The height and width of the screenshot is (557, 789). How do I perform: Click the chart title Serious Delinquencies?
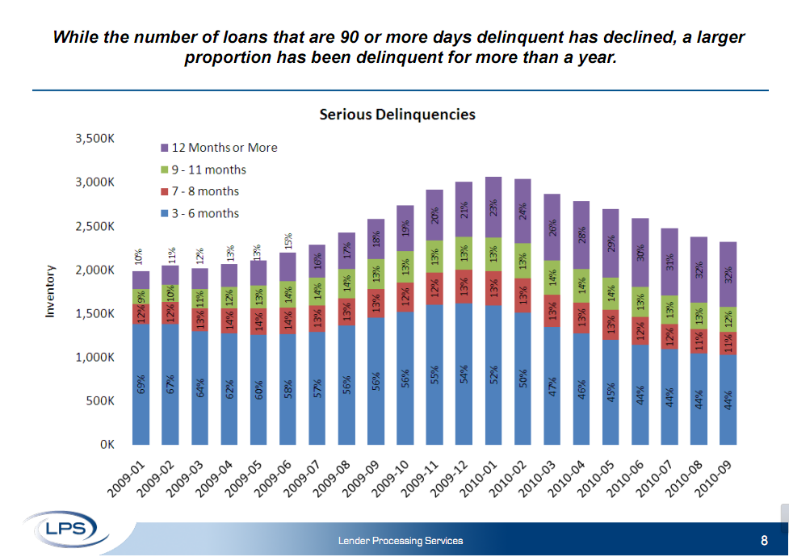click(397, 115)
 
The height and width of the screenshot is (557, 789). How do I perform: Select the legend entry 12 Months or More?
click(224, 148)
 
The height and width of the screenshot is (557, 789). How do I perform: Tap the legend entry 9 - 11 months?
click(208, 170)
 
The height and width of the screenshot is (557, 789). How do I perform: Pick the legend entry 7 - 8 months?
click(205, 191)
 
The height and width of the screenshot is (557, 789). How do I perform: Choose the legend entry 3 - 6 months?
click(205, 213)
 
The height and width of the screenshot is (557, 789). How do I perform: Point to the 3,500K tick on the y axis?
click(94, 139)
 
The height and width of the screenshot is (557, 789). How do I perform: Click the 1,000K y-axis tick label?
click(94, 357)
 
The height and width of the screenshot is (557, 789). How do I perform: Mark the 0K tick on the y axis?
click(106, 444)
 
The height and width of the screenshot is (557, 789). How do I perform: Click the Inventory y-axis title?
click(50, 291)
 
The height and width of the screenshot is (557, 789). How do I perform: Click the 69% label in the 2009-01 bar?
click(141, 385)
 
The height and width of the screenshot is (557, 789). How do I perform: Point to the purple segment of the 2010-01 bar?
click(493, 207)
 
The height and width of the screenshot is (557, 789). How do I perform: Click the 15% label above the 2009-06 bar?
click(287, 241)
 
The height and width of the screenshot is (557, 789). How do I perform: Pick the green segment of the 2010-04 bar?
click(581, 286)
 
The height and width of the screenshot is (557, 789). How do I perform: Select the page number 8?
click(764, 540)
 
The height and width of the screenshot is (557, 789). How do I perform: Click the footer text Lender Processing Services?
click(401, 541)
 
